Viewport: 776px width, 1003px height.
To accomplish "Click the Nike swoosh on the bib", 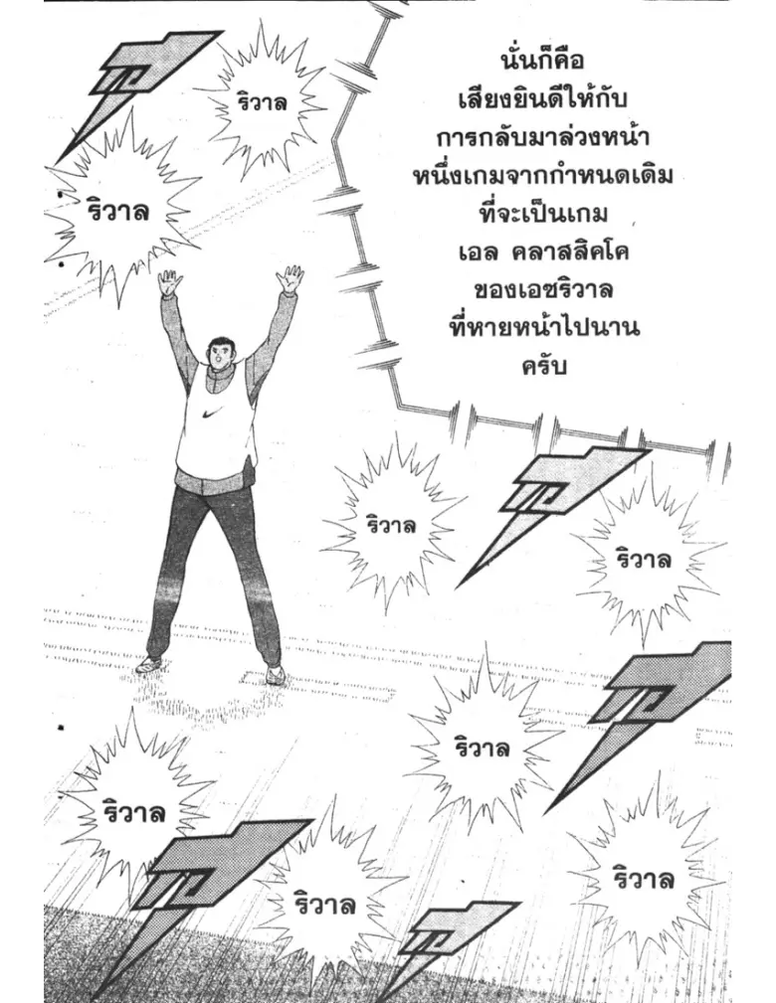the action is pos(211,414).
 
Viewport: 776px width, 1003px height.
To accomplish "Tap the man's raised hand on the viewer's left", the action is pos(170,281).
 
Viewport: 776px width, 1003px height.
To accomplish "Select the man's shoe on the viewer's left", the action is pos(147,665).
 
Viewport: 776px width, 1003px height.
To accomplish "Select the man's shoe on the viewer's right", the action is pos(276,674).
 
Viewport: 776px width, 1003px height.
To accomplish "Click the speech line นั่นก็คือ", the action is pos(541,61).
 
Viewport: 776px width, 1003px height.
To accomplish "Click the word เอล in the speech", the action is pos(479,252).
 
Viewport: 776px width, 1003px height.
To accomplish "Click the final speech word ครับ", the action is pos(543,367).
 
